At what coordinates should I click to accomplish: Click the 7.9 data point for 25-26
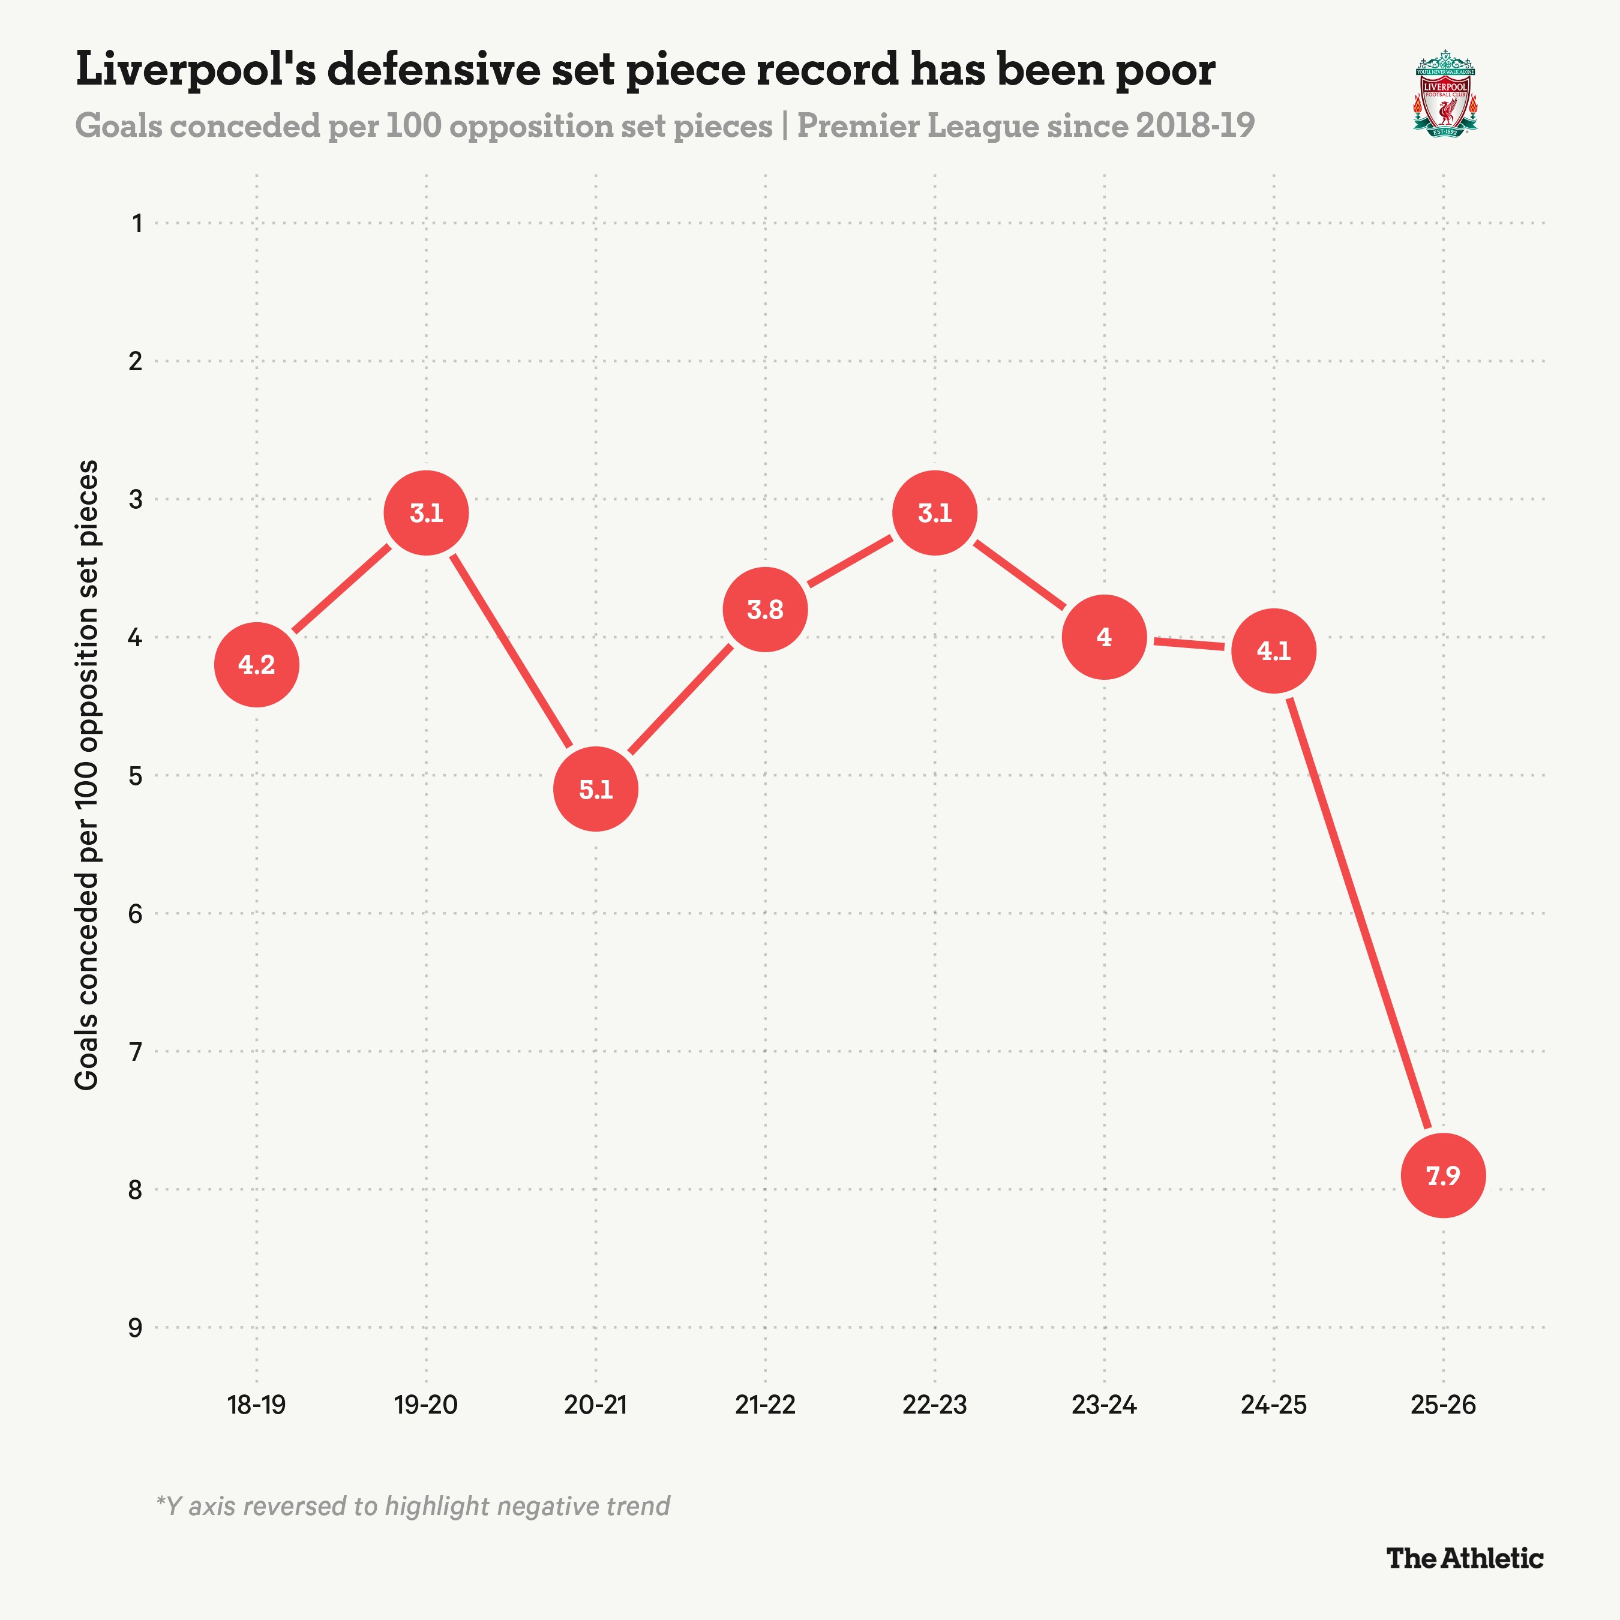pos(1442,1175)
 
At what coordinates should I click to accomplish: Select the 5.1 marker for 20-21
pos(595,789)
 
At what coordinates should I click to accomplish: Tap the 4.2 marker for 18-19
pos(257,665)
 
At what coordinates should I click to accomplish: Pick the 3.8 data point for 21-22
pos(765,610)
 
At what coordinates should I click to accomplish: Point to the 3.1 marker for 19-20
pos(426,513)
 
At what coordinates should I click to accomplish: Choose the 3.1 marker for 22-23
pos(934,513)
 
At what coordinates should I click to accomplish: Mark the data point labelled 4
pos(1103,637)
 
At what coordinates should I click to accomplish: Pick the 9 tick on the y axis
pos(135,1327)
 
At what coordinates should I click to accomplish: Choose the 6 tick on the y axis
pos(135,913)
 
